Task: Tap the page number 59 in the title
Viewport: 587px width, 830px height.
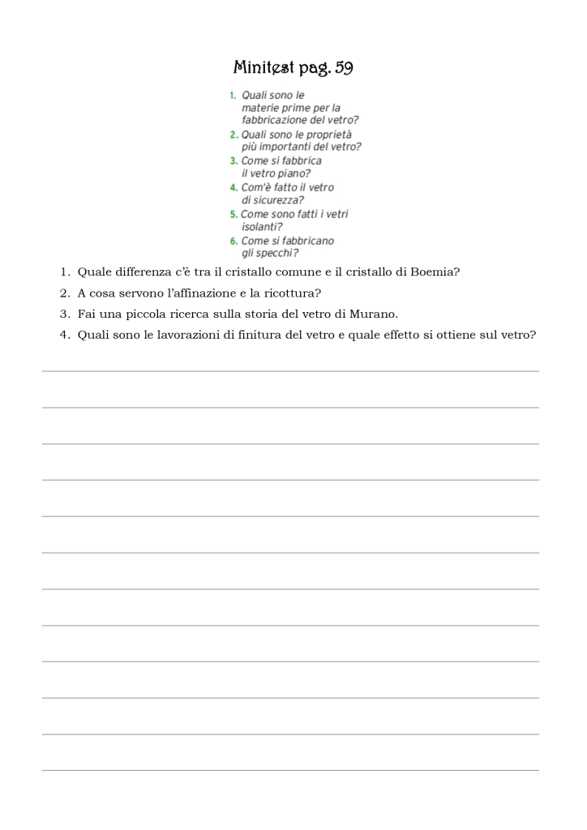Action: tap(343, 67)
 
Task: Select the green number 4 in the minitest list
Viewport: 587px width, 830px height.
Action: tap(233, 187)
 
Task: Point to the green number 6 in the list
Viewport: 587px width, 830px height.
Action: tap(233, 241)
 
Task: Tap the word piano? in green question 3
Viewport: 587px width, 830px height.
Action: tap(293, 173)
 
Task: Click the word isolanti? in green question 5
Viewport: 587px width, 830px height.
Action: tap(262, 227)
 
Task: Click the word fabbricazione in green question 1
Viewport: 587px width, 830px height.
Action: tap(275, 120)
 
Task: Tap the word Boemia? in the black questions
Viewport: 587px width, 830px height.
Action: tap(435, 272)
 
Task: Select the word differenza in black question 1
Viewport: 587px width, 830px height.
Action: tap(137, 272)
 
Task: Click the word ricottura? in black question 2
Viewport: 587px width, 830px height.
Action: tap(292, 293)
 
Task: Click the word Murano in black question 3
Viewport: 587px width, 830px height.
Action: tap(372, 314)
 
